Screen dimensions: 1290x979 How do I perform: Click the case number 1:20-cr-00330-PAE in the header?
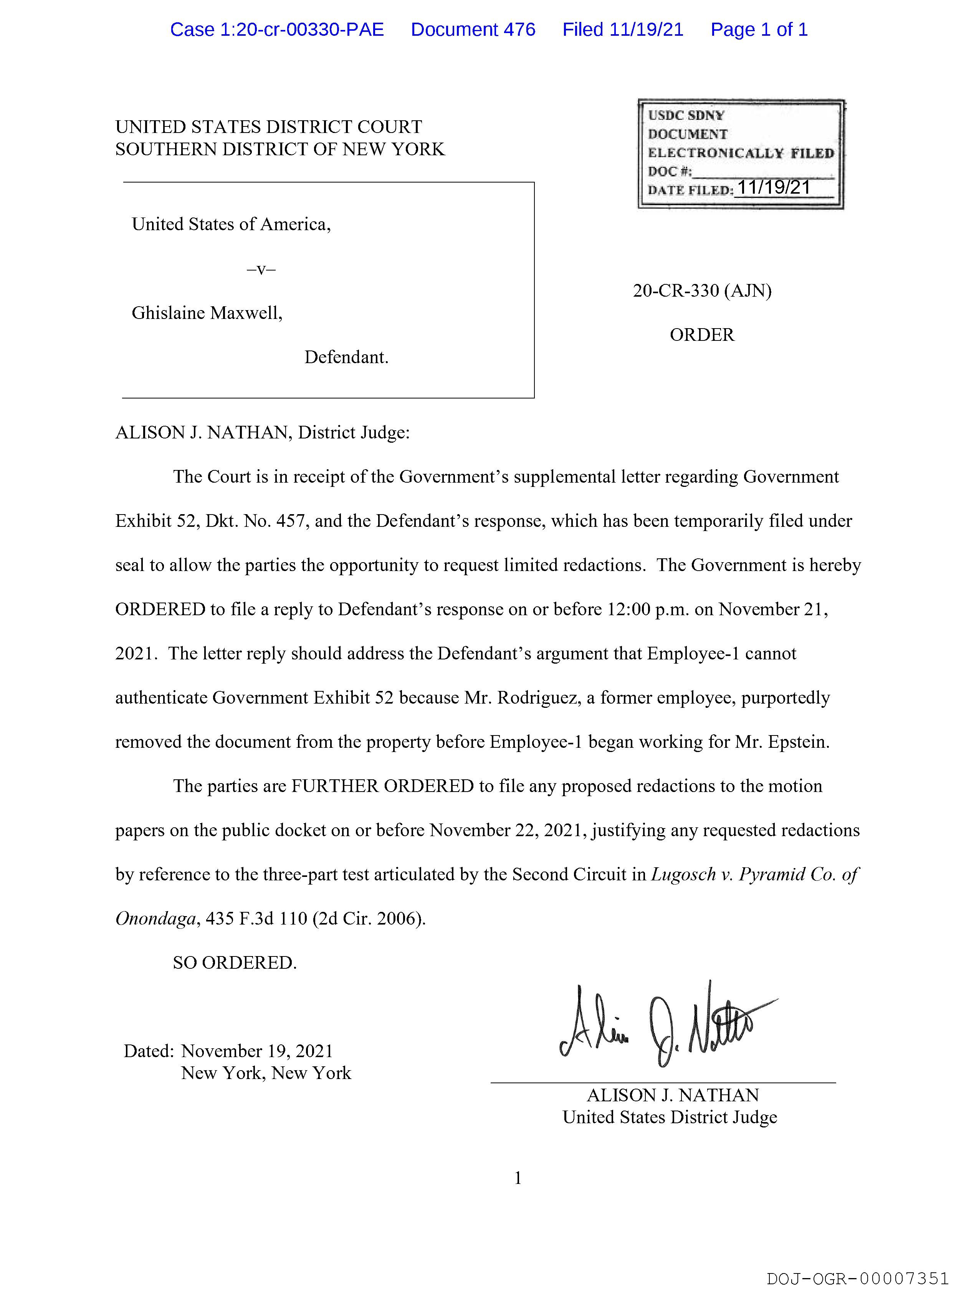(x=277, y=30)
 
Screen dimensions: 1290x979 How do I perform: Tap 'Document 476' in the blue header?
(x=473, y=30)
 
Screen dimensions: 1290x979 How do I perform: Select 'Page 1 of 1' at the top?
(x=759, y=30)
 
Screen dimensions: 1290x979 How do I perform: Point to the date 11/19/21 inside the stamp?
(x=774, y=188)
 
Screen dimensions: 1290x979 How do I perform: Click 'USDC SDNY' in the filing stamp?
(x=686, y=115)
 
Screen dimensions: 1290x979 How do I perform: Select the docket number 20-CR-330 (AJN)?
(x=702, y=291)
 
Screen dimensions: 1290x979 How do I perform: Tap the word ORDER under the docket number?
(x=702, y=335)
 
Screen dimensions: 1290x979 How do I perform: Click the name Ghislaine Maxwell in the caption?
(x=207, y=313)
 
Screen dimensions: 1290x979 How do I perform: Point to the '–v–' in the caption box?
(x=261, y=269)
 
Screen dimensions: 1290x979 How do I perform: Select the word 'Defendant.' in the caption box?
(x=346, y=357)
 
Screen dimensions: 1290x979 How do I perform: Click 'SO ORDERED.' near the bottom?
(x=235, y=963)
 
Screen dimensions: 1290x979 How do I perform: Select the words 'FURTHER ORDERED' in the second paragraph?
(x=382, y=786)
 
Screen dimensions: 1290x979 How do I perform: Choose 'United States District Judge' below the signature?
(x=670, y=1117)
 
